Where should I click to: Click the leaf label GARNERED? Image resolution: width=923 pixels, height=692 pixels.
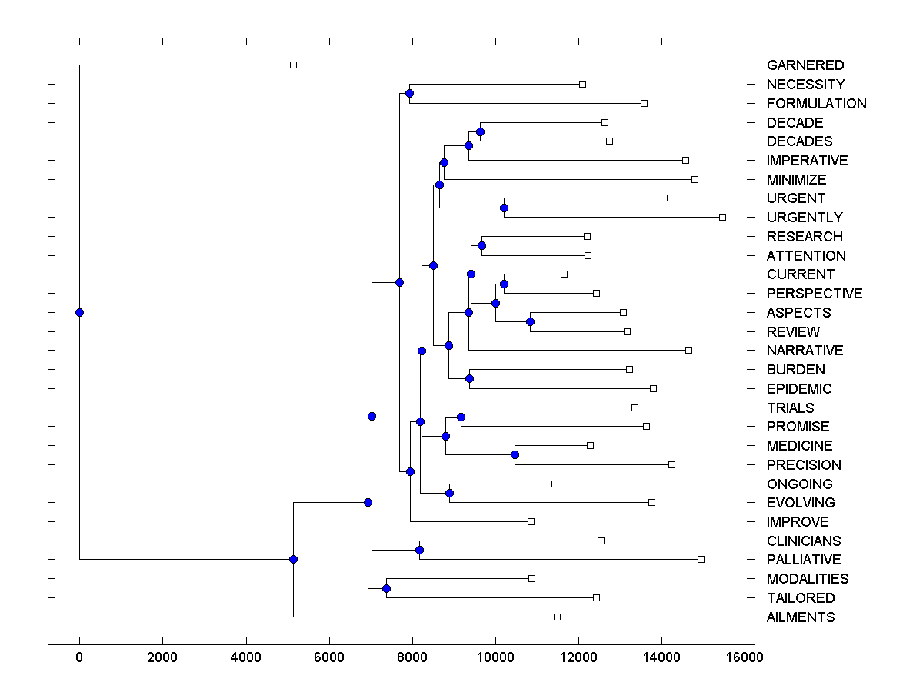[805, 65]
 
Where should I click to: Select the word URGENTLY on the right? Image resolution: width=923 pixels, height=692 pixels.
[805, 218]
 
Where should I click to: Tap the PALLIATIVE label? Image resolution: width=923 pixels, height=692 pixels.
[804, 560]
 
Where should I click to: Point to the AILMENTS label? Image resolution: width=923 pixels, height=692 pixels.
[801, 617]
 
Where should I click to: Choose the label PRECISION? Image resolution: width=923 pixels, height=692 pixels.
[804, 465]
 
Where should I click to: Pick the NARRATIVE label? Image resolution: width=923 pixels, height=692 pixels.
[805, 351]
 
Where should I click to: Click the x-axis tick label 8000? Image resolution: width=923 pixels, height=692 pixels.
[412, 657]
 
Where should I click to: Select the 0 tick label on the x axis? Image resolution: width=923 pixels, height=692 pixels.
[79, 657]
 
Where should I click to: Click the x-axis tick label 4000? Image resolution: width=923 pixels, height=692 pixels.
[246, 657]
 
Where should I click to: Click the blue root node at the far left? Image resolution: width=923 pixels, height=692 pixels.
[79, 312]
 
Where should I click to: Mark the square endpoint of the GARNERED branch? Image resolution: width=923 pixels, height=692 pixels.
[293, 65]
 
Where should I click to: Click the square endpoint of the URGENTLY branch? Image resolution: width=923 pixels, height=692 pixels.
[722, 217]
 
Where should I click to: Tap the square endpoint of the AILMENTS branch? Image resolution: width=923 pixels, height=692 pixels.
[557, 617]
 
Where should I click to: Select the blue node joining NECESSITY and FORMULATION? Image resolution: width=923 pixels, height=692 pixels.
[409, 93]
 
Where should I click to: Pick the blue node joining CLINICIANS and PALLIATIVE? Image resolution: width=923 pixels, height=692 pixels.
[419, 550]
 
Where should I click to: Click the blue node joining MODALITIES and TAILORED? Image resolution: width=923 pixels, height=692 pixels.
[386, 588]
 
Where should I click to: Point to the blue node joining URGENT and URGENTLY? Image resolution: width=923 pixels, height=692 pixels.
[504, 208]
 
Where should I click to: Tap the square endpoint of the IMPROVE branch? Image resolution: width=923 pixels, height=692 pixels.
[531, 521]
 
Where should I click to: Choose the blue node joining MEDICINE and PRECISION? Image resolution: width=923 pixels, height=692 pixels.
[515, 455]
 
